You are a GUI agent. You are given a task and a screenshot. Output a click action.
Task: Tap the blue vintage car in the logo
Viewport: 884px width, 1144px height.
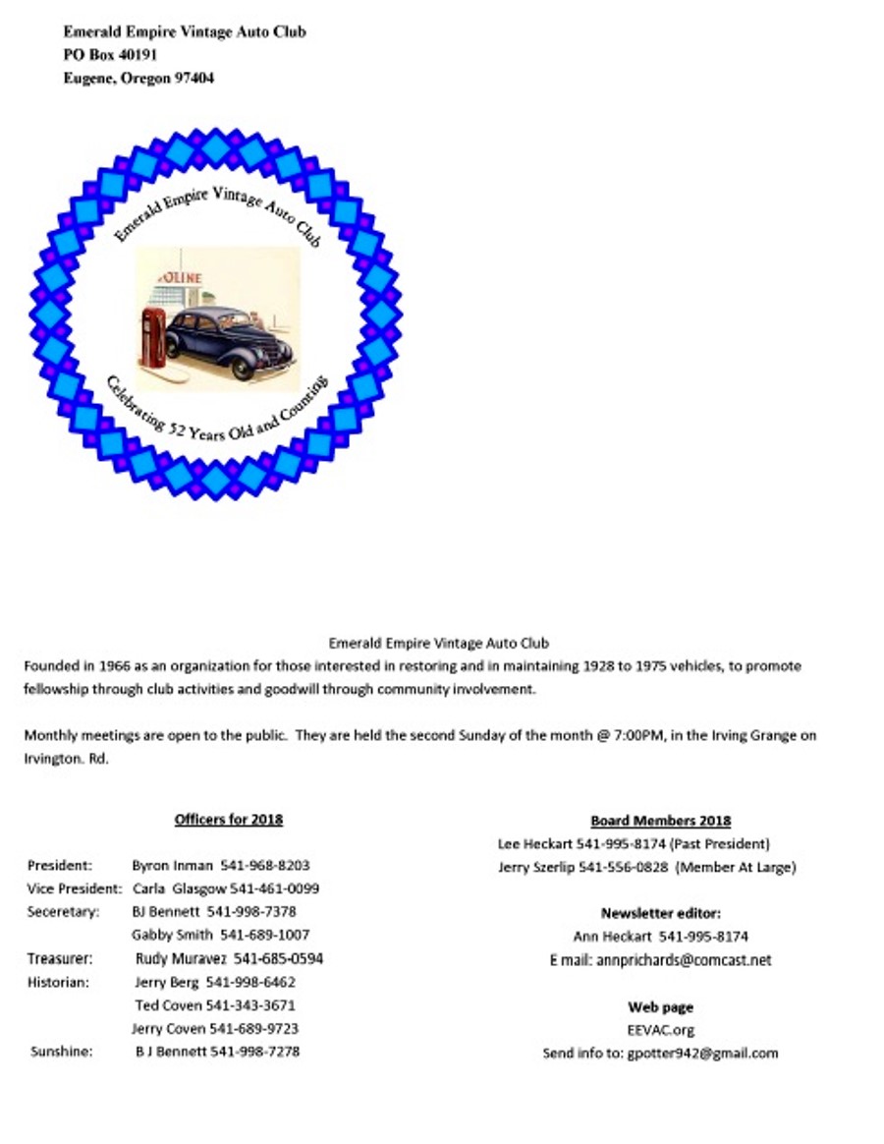[229, 340]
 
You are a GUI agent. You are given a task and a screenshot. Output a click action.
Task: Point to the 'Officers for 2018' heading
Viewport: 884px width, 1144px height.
[228, 819]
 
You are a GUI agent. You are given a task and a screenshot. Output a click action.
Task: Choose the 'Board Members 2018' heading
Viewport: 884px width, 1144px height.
[660, 821]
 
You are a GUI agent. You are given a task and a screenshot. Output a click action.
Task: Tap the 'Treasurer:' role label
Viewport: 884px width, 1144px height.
[60, 958]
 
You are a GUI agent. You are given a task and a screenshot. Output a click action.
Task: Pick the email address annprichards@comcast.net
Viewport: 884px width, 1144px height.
[684, 960]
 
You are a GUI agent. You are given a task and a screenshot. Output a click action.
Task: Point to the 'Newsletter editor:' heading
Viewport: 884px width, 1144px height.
[660, 913]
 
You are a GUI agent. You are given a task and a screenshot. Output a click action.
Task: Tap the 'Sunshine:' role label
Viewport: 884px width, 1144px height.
[60, 1051]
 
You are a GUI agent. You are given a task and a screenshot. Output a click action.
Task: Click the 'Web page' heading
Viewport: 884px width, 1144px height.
[660, 1007]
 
